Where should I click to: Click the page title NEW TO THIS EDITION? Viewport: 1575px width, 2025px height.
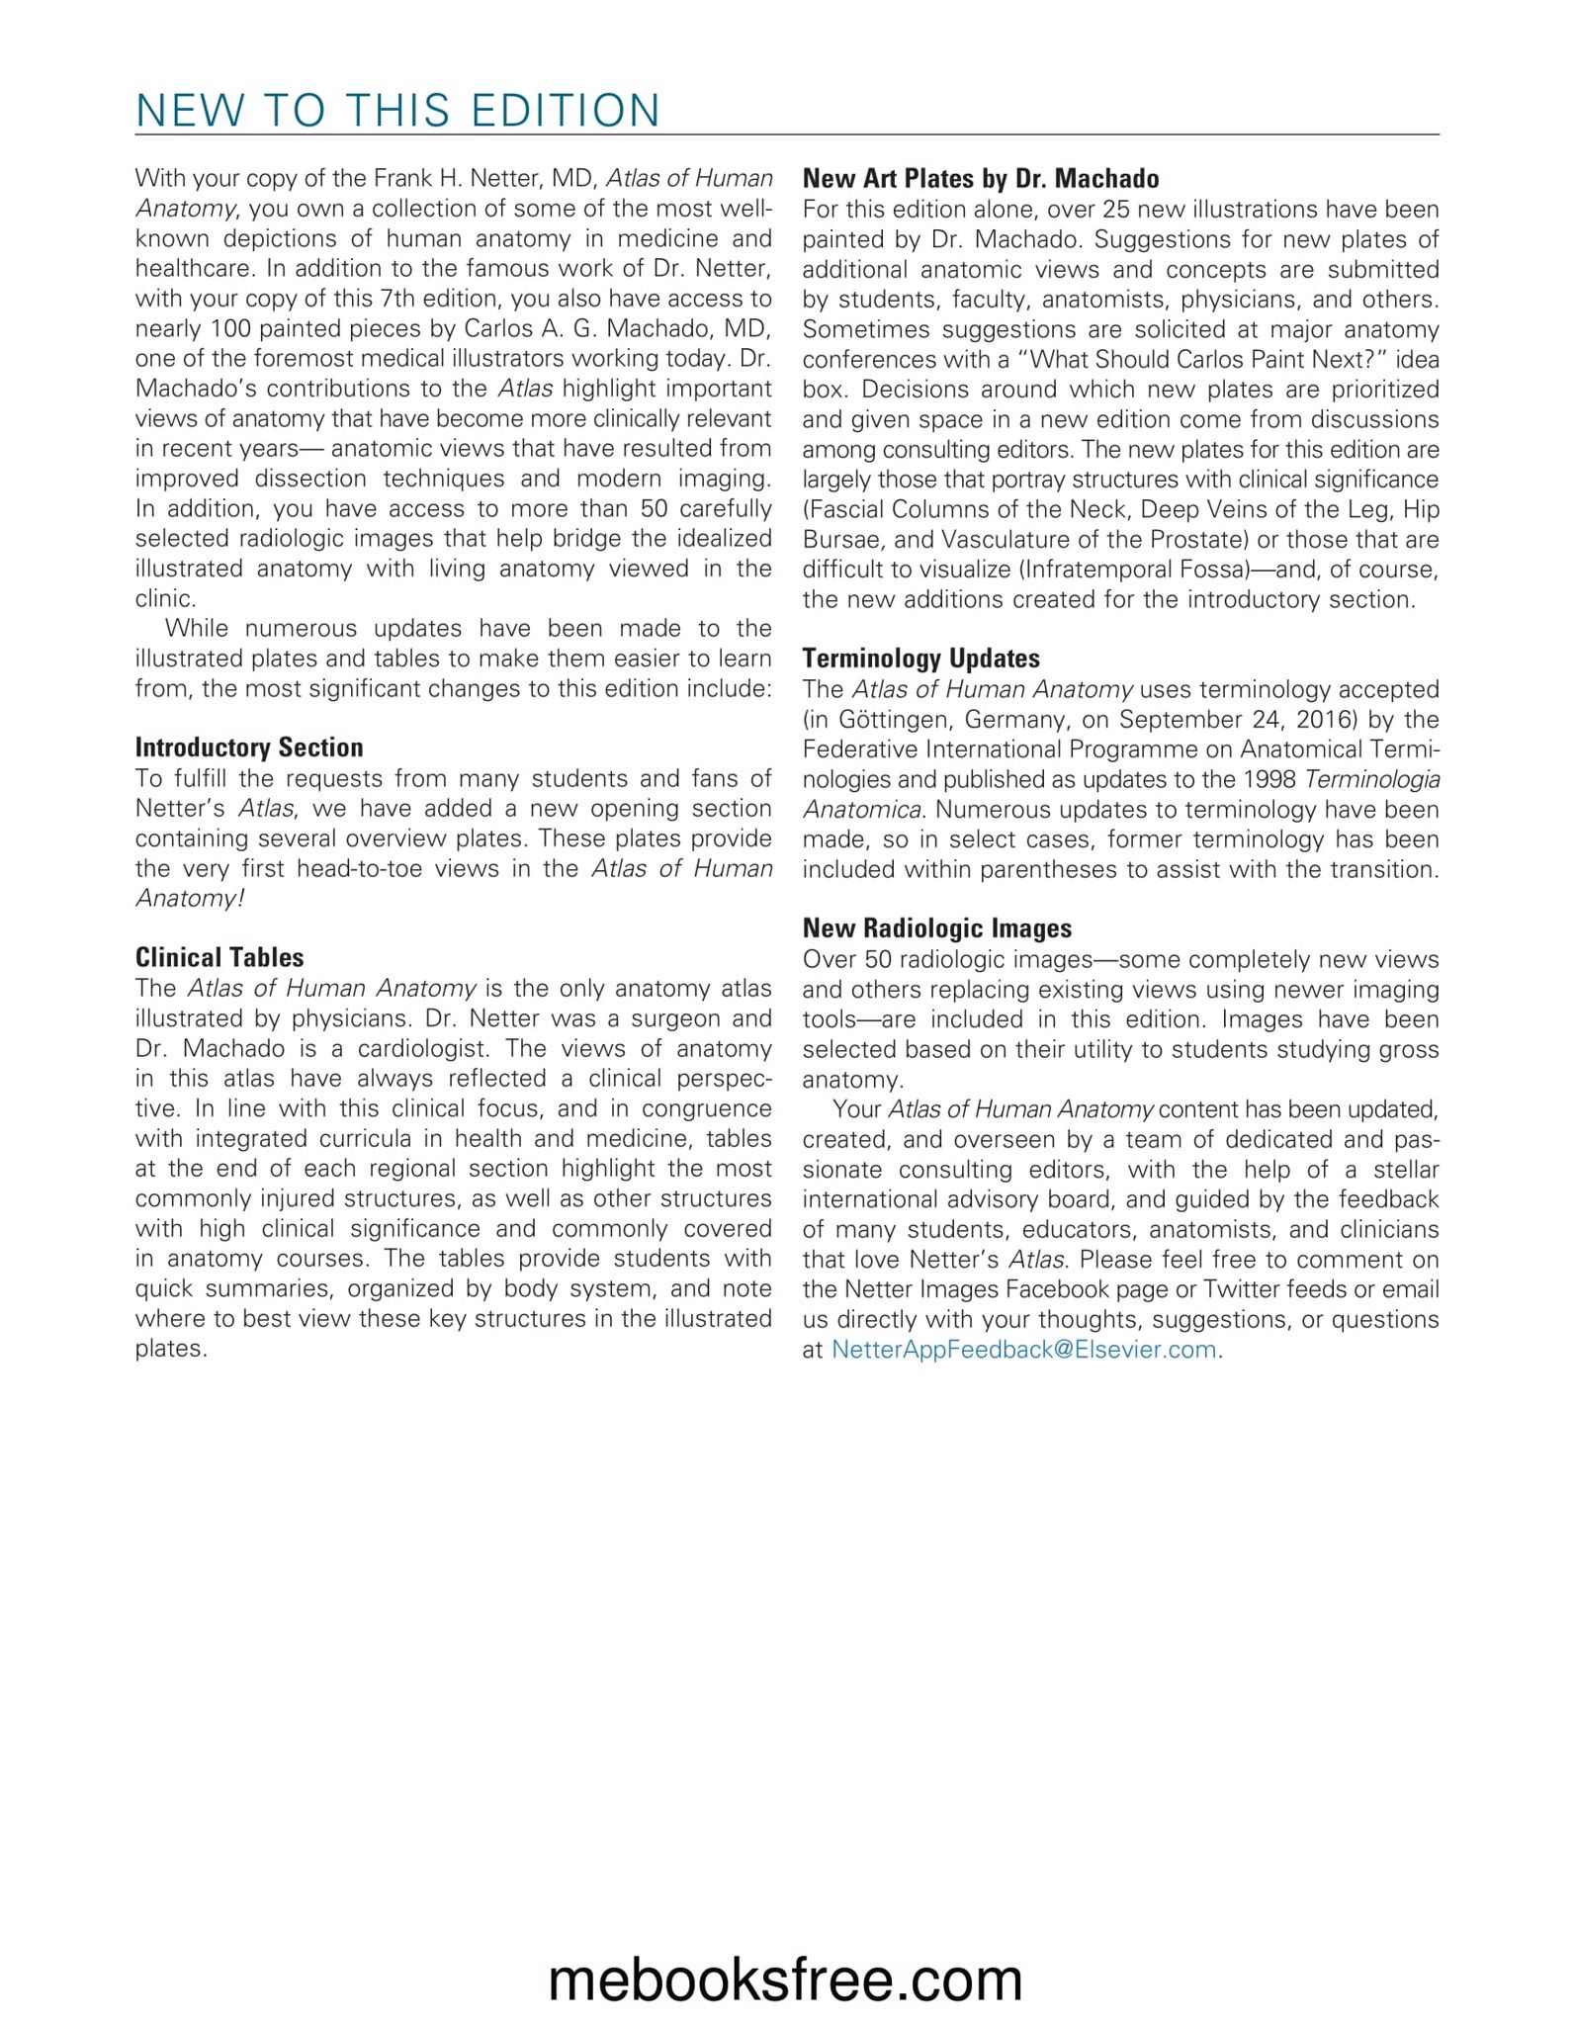click(x=397, y=110)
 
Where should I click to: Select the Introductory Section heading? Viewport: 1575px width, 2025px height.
click(x=249, y=748)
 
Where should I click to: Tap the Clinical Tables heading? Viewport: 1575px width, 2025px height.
click(x=219, y=957)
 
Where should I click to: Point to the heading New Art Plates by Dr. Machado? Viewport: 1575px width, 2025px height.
click(x=981, y=179)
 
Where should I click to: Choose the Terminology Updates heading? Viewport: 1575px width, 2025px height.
click(x=921, y=659)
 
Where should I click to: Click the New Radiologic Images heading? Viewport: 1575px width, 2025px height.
click(x=937, y=928)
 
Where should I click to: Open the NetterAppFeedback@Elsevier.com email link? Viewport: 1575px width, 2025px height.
click(x=1023, y=1350)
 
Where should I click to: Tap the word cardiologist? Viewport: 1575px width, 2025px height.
click(x=422, y=1048)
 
